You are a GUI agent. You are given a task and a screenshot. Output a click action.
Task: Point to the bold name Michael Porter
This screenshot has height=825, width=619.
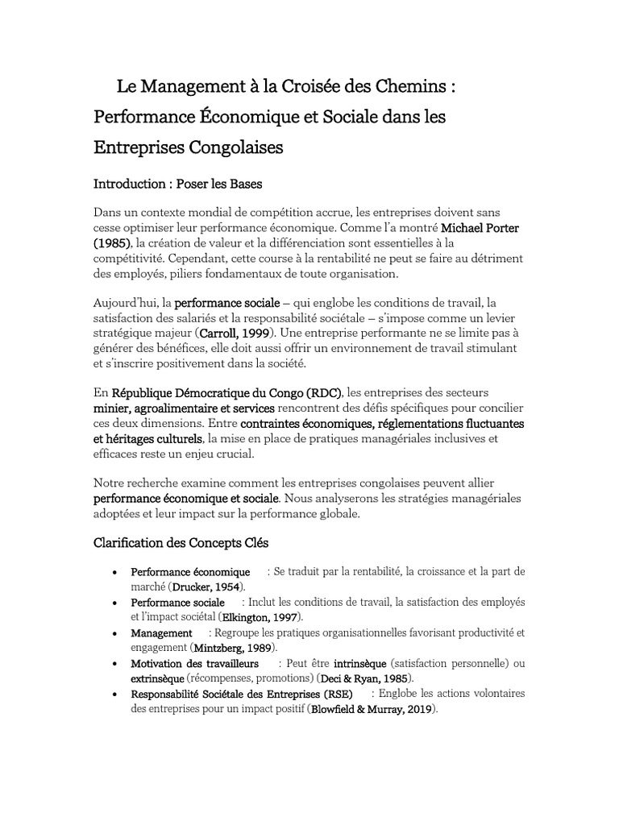coord(480,227)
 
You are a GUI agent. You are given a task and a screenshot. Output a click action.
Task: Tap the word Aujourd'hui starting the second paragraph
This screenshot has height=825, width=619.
coord(127,302)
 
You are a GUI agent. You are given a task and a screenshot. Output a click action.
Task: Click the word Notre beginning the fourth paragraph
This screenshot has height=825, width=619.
coord(110,484)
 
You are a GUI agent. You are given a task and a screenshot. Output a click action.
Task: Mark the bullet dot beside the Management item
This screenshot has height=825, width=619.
coord(118,633)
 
